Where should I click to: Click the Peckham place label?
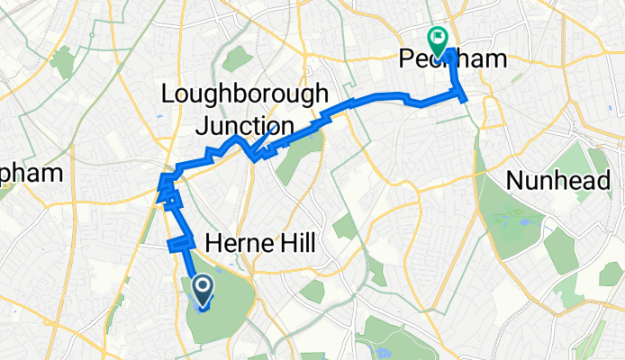[448, 59]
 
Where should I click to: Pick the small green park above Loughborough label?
[236, 58]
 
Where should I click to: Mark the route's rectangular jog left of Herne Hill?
[180, 242]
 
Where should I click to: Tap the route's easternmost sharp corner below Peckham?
[465, 99]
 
